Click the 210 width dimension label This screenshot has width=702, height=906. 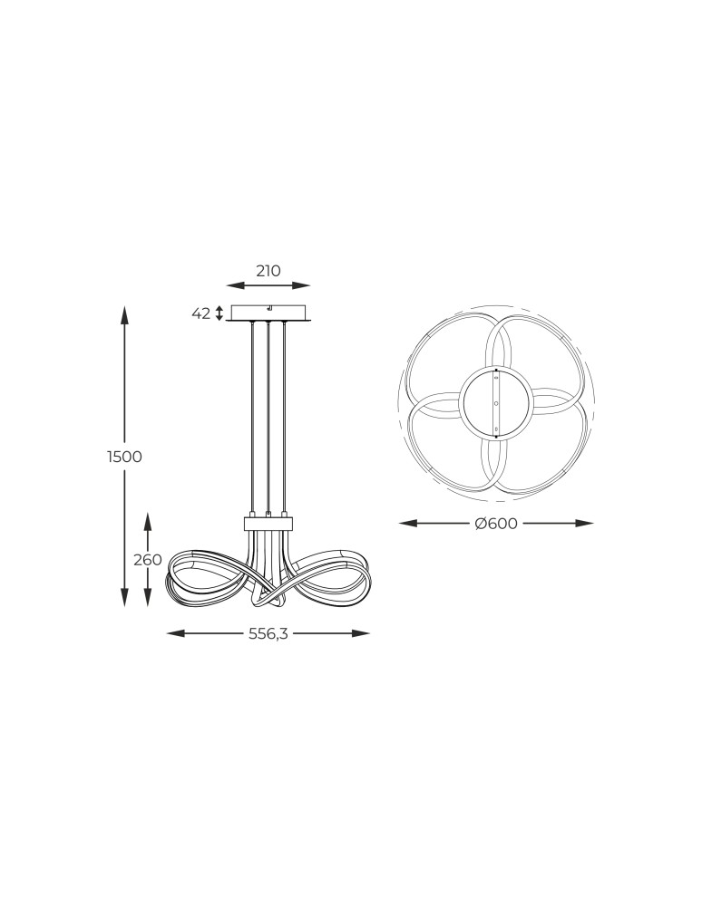(268, 270)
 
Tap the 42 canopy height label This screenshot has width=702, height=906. (201, 313)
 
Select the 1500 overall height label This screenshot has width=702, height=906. (125, 457)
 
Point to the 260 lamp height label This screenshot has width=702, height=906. (148, 559)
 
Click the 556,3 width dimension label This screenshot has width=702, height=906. (268, 633)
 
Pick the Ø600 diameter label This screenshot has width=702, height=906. (496, 524)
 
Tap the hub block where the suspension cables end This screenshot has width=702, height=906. (268, 523)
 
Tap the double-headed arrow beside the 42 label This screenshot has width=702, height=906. (219, 313)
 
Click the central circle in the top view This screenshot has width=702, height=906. (495, 401)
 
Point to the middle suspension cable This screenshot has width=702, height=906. (268, 417)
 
